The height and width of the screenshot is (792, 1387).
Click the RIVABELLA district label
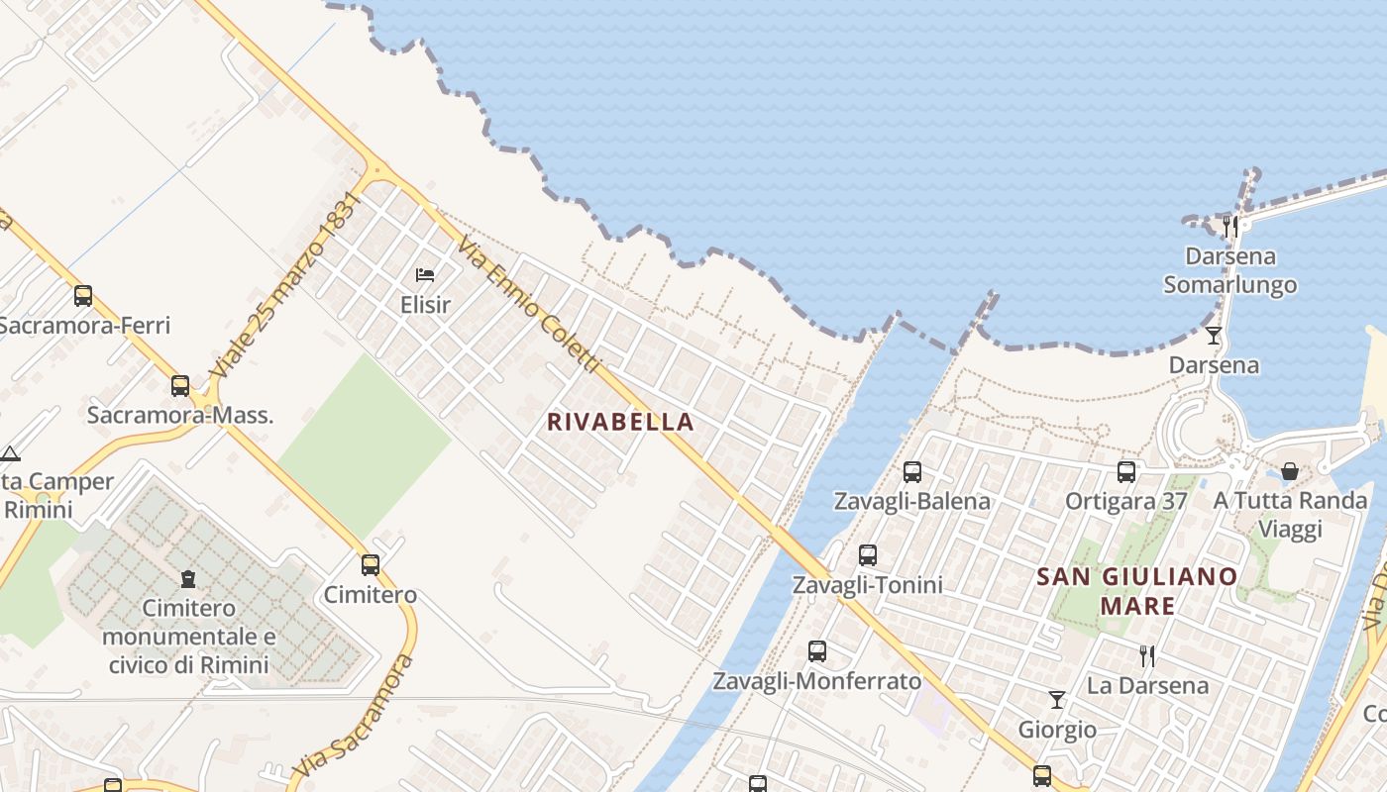click(620, 422)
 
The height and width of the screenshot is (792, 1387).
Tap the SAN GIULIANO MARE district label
click(1137, 590)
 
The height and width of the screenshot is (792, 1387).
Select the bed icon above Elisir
click(425, 274)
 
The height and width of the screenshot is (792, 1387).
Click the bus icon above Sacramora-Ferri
click(83, 295)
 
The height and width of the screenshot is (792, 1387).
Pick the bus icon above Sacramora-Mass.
click(179, 385)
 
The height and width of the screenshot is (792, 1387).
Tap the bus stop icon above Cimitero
click(370, 565)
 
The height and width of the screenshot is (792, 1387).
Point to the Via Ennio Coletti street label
click(530, 306)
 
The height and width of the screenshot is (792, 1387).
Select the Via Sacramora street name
click(354, 715)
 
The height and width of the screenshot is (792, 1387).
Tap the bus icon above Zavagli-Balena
click(912, 472)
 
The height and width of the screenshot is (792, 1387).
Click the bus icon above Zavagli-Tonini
click(868, 555)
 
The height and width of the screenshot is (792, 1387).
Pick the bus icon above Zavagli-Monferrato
click(817, 651)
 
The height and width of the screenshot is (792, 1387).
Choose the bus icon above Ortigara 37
click(1126, 471)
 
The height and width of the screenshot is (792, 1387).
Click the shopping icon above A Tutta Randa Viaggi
click(1290, 471)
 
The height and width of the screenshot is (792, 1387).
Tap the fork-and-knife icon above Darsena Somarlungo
click(1230, 227)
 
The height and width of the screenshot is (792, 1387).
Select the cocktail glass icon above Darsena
click(1214, 336)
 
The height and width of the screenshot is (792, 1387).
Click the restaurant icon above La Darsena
click(1147, 655)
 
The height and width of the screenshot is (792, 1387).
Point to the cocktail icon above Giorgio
click(1057, 700)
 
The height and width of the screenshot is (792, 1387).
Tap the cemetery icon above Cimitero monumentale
click(188, 578)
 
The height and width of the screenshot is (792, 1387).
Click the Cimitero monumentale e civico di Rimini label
click(188, 636)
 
